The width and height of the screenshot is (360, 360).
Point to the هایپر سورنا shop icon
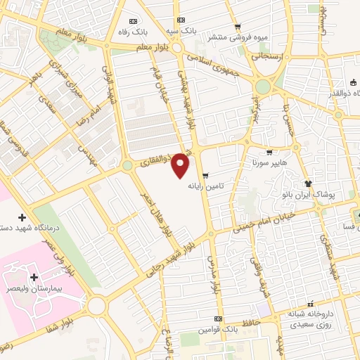coord(269,152)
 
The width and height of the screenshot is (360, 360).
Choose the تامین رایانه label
coord(205,187)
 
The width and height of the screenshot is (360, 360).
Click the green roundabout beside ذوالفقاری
coord(127,165)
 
